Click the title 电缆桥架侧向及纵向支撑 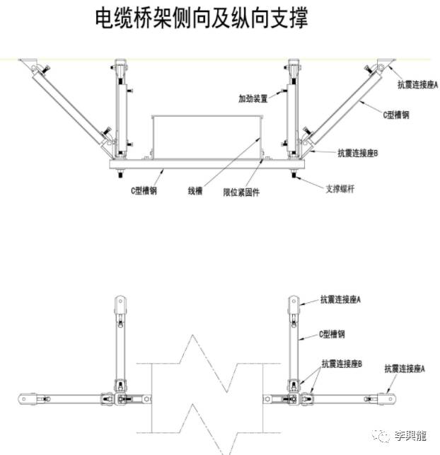(202, 18)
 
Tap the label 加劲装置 (253, 98)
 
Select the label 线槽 (196, 190)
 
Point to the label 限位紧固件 (241, 192)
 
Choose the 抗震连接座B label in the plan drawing (342, 364)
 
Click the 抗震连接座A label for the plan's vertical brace (341, 300)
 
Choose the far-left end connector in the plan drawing (28, 398)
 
